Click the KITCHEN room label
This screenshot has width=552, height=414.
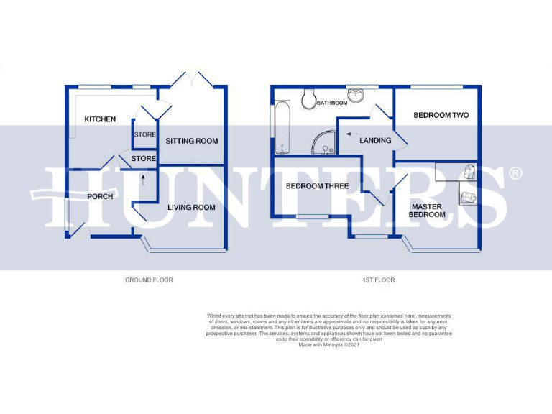(x=100, y=119)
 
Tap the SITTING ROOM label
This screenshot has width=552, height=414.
(x=192, y=141)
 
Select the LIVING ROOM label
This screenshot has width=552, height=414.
(x=191, y=208)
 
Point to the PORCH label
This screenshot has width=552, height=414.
(x=100, y=196)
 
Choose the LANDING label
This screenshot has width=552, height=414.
(x=375, y=141)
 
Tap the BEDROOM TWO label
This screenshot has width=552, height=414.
(x=441, y=116)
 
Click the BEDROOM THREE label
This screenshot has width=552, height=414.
(x=317, y=186)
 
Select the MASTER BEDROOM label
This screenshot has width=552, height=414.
(x=428, y=210)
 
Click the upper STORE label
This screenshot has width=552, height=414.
(x=144, y=134)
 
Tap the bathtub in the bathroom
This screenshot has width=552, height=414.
(x=280, y=127)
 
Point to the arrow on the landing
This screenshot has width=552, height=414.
(x=351, y=133)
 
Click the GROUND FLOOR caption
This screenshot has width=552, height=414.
(x=149, y=280)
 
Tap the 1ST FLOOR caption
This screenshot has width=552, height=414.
(x=380, y=280)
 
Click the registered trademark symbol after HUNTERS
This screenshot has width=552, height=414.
(x=515, y=173)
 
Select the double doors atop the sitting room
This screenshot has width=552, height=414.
(x=192, y=80)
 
